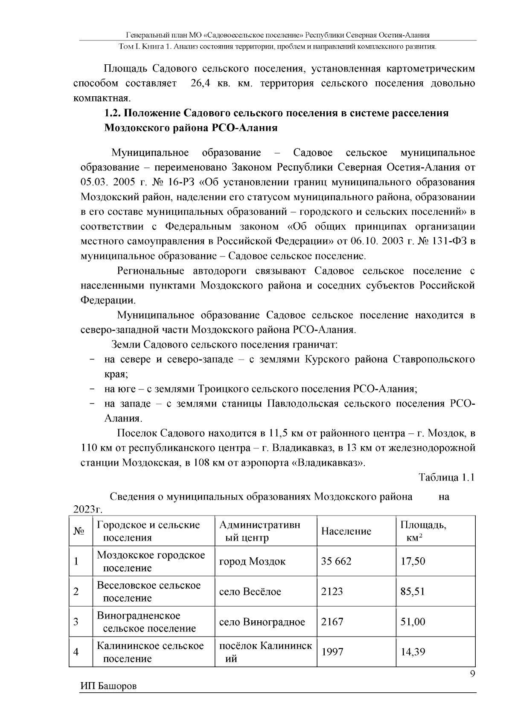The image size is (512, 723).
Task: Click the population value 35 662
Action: pyautogui.click(x=336, y=561)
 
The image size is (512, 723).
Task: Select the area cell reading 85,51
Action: pyautogui.click(x=413, y=591)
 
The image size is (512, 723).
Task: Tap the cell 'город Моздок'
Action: pyautogui.click(x=252, y=561)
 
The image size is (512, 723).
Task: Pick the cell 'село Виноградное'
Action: pyautogui.click(x=262, y=622)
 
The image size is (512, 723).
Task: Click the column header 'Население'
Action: pyautogui.click(x=346, y=531)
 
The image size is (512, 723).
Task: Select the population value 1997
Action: pyautogui.click(x=332, y=652)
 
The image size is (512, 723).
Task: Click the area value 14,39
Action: pyautogui.click(x=413, y=652)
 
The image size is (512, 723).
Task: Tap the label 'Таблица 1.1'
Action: pyautogui.click(x=447, y=477)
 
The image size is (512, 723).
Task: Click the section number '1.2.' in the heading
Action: pyautogui.click(x=114, y=113)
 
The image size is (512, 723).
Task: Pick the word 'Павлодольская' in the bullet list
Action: pyautogui.click(x=303, y=403)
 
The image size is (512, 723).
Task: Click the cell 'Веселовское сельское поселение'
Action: pyautogui.click(x=148, y=591)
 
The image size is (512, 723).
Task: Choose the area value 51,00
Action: pyautogui.click(x=413, y=622)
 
